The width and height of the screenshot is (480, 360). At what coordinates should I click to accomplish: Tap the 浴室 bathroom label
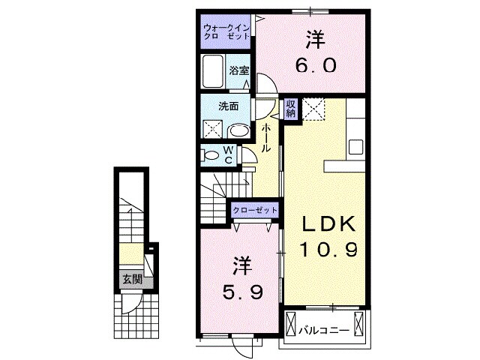[239, 70]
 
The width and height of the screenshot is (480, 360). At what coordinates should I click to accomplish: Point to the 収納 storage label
[292, 109]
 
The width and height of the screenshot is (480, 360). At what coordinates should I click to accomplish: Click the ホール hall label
[266, 139]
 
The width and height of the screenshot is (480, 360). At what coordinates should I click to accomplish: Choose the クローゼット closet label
[255, 211]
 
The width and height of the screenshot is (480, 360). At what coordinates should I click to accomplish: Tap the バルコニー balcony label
[324, 329]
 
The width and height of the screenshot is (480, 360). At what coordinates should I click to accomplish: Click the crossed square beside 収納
[314, 109]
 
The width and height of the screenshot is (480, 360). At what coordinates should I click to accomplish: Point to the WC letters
[229, 154]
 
